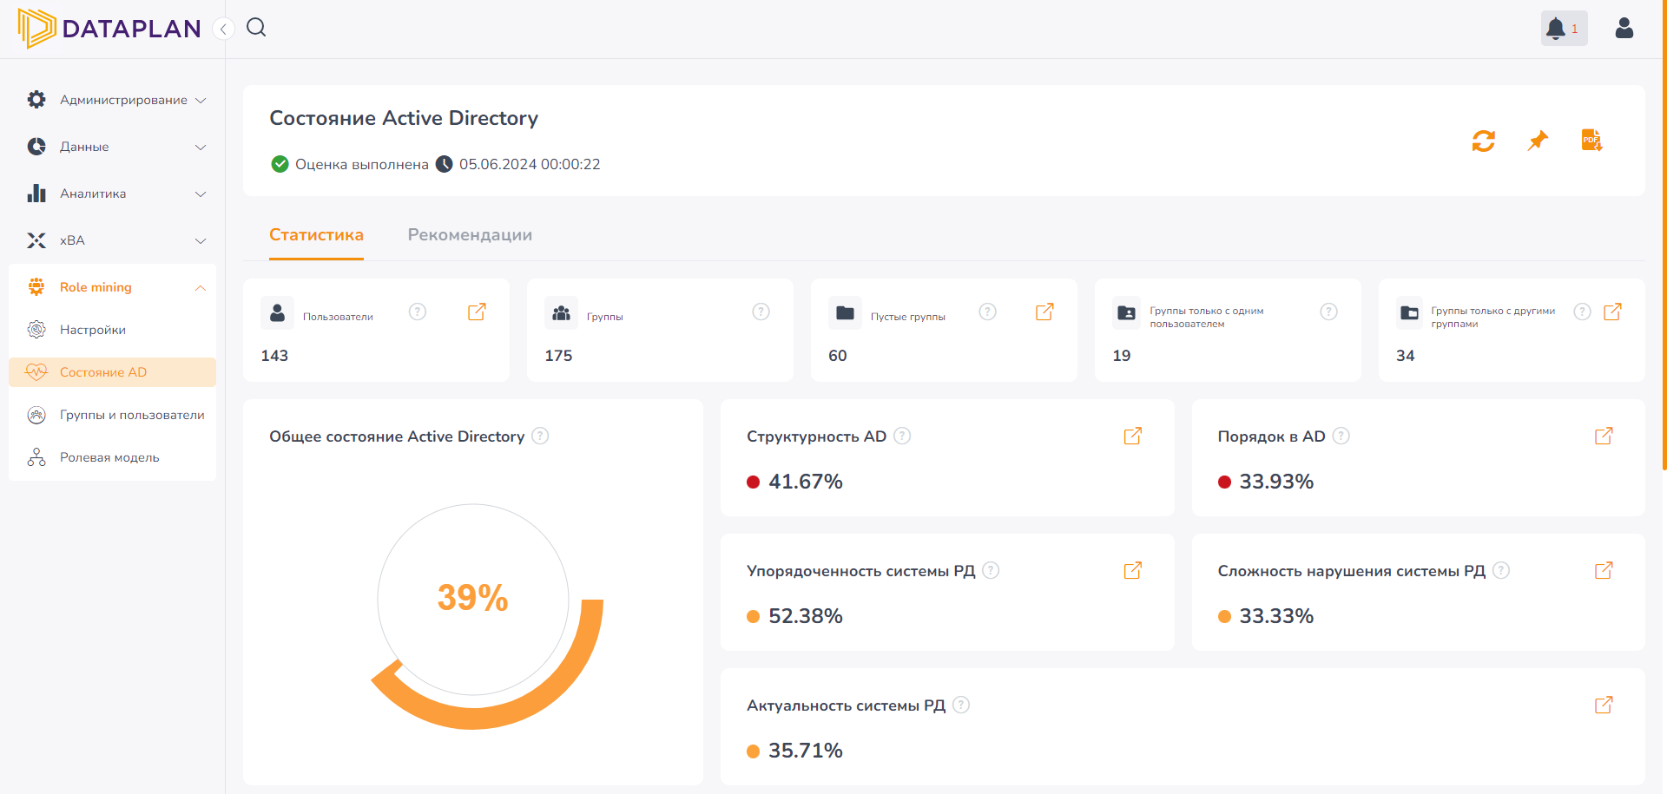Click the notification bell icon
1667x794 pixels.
click(x=1556, y=29)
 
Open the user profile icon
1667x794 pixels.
click(x=1624, y=29)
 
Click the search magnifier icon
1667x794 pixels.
click(x=256, y=28)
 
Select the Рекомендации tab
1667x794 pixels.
click(x=470, y=235)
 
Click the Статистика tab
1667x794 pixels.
click(x=316, y=235)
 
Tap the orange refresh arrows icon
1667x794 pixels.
click(x=1483, y=141)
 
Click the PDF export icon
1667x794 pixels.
click(x=1591, y=141)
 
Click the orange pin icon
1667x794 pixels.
click(x=1538, y=141)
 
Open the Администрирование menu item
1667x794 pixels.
click(x=123, y=100)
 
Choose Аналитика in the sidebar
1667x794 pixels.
click(x=93, y=194)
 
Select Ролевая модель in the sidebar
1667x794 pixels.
click(x=109, y=457)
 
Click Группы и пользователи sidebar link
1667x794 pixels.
click(x=132, y=415)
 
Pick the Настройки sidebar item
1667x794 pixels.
click(x=93, y=330)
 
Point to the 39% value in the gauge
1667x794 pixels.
click(x=472, y=598)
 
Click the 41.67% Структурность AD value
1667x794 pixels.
click(x=805, y=482)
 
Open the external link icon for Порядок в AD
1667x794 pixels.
click(x=1604, y=436)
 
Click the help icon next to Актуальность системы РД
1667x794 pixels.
click(x=961, y=705)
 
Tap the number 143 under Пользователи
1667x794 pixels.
click(x=274, y=356)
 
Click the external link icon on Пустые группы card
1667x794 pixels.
click(x=1044, y=312)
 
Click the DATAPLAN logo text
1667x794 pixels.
click(x=131, y=29)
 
